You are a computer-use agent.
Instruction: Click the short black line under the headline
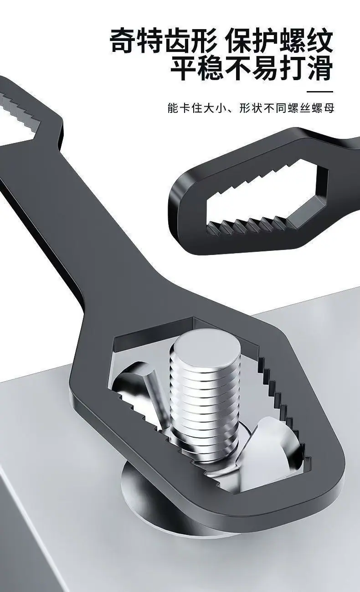tap(320, 92)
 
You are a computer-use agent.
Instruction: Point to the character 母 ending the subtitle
tap(329, 108)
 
